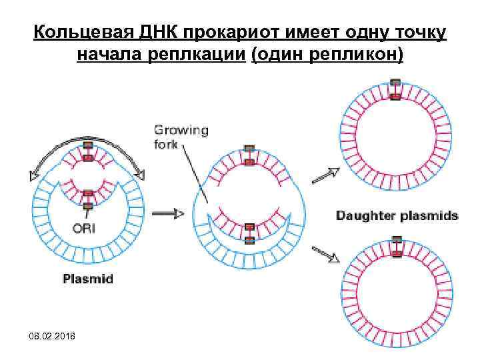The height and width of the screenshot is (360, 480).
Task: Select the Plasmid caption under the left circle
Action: coord(87,279)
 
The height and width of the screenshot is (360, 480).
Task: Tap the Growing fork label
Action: coord(181,136)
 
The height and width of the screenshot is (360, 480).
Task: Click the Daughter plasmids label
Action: coord(397,215)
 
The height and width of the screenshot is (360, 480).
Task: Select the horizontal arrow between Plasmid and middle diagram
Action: coord(167,213)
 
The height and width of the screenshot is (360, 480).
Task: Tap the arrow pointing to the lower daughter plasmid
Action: coord(324,255)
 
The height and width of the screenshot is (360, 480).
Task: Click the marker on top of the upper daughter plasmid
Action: coord(395,83)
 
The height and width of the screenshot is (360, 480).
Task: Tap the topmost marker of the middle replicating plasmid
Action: coord(249,148)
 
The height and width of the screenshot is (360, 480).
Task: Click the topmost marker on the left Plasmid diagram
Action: coord(88,145)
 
